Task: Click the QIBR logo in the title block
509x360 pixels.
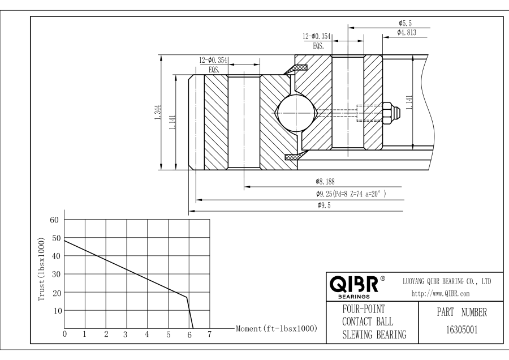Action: tap(357, 285)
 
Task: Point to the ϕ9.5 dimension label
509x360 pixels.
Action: tap(324, 205)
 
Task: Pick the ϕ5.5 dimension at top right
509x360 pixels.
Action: tap(404, 23)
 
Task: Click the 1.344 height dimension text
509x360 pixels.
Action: tap(157, 112)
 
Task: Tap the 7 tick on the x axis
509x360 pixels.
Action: tap(209, 335)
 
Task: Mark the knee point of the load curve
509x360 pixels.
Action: tap(186, 297)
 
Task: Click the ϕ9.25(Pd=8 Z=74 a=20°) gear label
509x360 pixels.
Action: tap(351, 194)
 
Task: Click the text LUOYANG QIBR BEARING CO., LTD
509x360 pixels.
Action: tap(446, 281)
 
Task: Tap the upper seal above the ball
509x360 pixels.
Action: tap(296, 69)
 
